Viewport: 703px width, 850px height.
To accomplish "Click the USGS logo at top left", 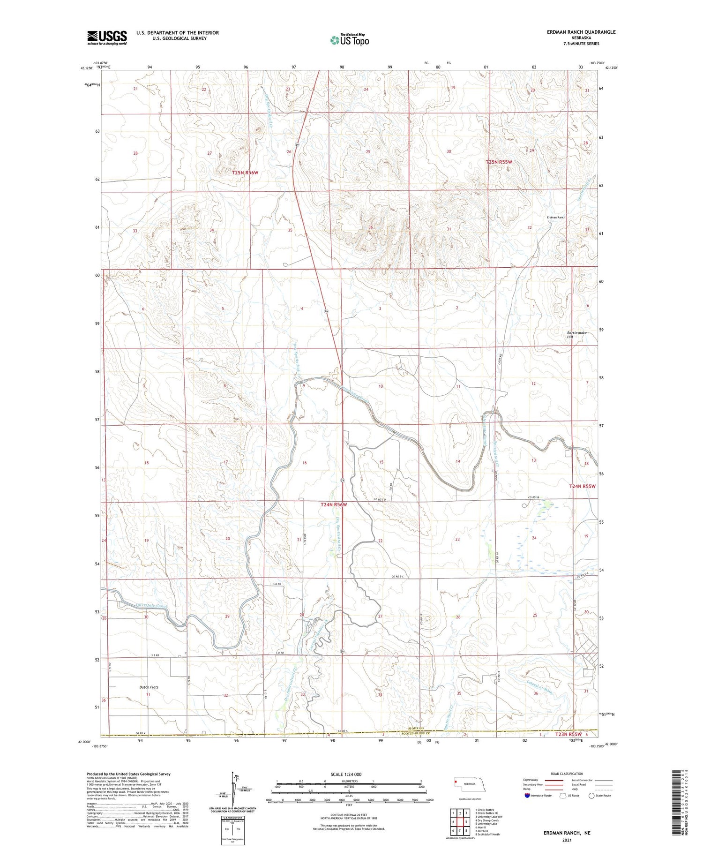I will click(x=107, y=38).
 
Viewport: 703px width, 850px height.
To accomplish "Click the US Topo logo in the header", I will click(x=350, y=40).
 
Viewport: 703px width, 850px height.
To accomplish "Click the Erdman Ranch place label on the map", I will click(x=556, y=218).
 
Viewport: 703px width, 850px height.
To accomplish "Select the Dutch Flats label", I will click(x=149, y=687).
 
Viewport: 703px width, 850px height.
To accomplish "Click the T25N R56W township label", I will click(x=245, y=173).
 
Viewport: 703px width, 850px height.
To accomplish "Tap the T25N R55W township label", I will click(x=499, y=162).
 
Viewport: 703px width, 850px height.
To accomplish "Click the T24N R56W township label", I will click(x=334, y=504).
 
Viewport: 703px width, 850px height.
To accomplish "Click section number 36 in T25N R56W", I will click(x=371, y=227).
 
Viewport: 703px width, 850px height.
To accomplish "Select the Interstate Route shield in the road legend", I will click(x=527, y=796).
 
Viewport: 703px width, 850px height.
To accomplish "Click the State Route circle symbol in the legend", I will click(x=591, y=796).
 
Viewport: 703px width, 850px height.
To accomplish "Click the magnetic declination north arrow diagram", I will click(x=232, y=788).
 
